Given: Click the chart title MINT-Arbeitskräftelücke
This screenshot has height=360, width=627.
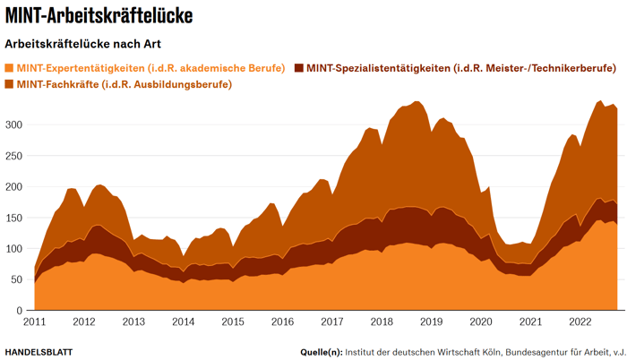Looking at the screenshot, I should [x=99, y=16].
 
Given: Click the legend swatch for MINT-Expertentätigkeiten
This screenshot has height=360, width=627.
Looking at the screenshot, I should [x=10, y=68].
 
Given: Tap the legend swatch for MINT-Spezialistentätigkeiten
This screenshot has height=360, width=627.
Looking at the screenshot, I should [x=299, y=68].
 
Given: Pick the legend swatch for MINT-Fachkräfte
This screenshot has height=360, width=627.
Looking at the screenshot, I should [x=10, y=84].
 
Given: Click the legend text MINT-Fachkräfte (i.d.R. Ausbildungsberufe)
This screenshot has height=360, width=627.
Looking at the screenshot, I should [x=125, y=84].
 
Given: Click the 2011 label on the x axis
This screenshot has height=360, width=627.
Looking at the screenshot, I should [x=35, y=321].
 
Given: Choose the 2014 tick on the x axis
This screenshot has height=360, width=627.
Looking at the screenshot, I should [x=184, y=321].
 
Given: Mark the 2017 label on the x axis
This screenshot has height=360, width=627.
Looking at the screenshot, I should [x=331, y=321].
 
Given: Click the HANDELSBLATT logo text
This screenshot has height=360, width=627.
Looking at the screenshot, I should [x=39, y=351].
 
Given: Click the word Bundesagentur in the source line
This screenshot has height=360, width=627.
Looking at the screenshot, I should [x=512, y=351].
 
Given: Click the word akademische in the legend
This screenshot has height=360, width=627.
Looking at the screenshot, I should [x=209, y=68].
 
